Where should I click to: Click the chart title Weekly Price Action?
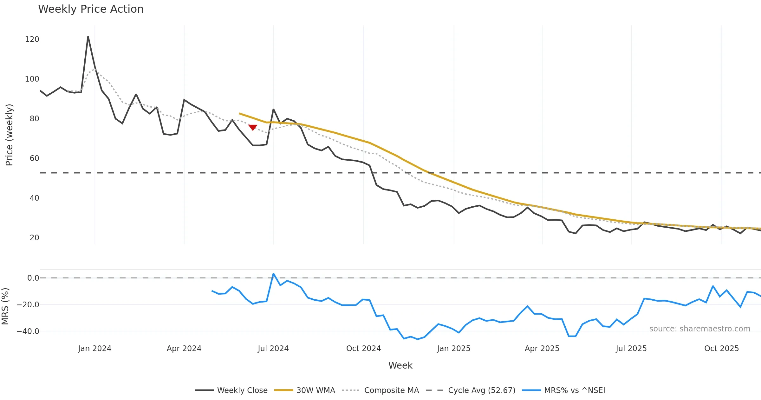[91, 9]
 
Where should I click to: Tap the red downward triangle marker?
[253, 127]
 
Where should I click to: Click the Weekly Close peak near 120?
[88, 37]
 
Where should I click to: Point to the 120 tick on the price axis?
[32, 39]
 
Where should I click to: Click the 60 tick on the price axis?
[34, 158]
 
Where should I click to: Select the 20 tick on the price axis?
[34, 238]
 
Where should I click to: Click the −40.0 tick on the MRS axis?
[28, 331]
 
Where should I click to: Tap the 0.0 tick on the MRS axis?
[33, 278]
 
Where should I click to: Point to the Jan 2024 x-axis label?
[94, 349]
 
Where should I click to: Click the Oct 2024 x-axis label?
[363, 349]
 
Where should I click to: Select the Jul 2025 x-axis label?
[631, 349]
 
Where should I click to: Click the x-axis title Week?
[400, 365]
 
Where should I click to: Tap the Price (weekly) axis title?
[9, 135]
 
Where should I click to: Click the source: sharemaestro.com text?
[699, 329]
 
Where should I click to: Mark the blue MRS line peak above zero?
[273, 274]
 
